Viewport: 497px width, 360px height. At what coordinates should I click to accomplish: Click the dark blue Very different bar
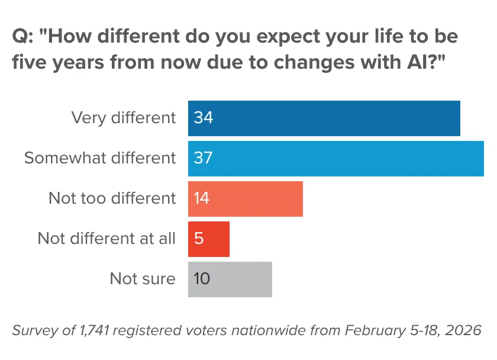click(324, 118)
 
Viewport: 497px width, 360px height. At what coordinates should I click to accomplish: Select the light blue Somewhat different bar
click(336, 159)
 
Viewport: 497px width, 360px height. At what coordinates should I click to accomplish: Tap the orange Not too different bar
click(246, 199)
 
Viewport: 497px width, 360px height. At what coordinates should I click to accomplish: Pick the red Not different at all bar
click(208, 239)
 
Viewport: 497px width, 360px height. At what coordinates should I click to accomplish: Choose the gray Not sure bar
click(230, 279)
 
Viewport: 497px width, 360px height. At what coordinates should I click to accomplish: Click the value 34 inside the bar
click(203, 118)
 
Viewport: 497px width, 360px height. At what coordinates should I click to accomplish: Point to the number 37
click(203, 157)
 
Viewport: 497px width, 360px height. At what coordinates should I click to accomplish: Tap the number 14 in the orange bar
click(201, 198)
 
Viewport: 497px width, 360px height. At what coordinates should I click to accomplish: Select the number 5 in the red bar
click(199, 238)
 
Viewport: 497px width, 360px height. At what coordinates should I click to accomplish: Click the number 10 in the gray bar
click(202, 278)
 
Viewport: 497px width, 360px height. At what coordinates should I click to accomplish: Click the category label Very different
click(123, 118)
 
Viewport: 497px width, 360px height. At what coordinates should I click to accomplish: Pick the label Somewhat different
click(100, 158)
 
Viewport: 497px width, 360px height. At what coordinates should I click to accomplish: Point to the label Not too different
click(112, 198)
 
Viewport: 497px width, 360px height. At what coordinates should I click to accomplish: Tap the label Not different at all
click(106, 239)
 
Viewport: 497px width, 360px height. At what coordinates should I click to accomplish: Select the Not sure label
click(143, 279)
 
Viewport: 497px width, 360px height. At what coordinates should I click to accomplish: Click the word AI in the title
click(415, 62)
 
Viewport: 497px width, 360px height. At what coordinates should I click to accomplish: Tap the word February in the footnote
click(375, 331)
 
